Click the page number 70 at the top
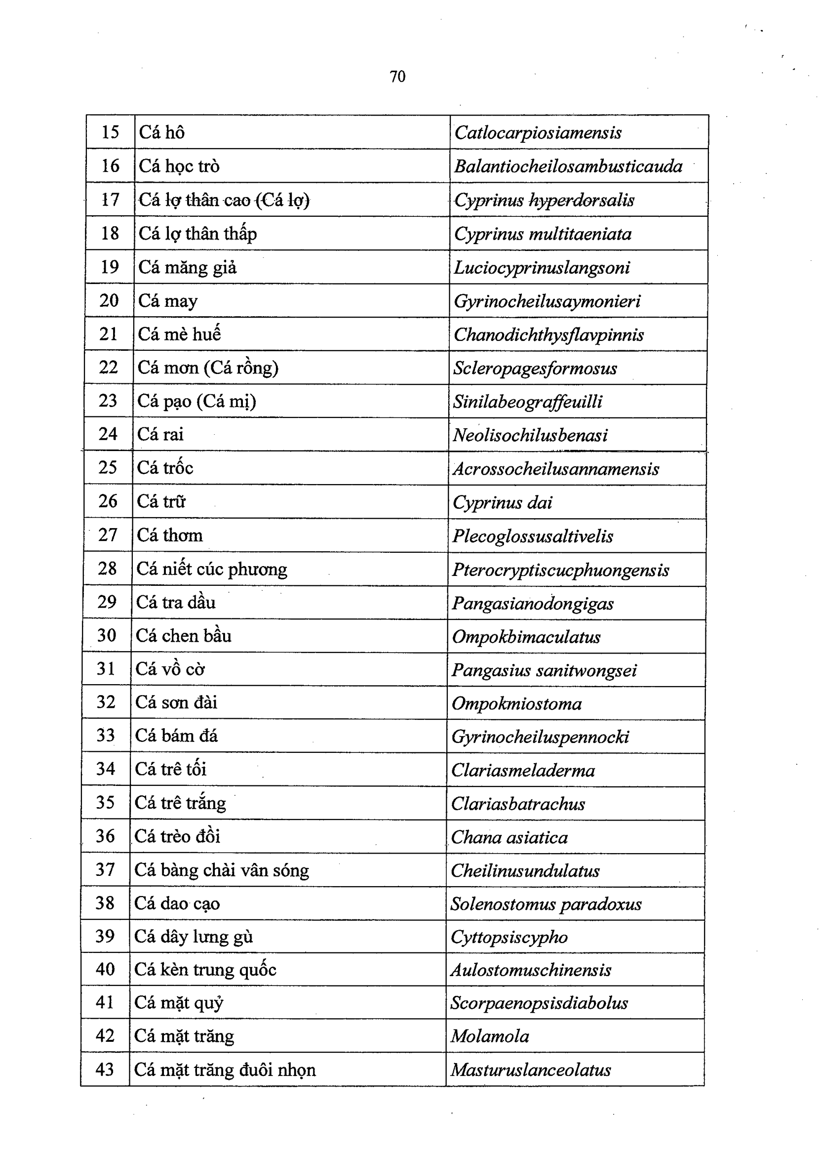397,77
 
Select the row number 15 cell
111,132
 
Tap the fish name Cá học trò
179,166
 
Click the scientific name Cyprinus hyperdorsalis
544,201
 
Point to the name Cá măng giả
187,267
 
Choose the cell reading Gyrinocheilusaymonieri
546,301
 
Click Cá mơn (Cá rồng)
208,368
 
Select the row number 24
108,434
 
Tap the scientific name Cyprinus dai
502,502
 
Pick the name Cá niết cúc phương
212,569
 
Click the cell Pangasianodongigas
533,603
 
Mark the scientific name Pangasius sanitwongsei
544,670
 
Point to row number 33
106,735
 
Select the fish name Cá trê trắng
180,803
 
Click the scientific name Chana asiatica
509,837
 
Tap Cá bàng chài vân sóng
221,870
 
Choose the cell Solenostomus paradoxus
546,904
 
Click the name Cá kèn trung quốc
205,969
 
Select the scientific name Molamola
490,1036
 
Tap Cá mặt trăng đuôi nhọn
225,1069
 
